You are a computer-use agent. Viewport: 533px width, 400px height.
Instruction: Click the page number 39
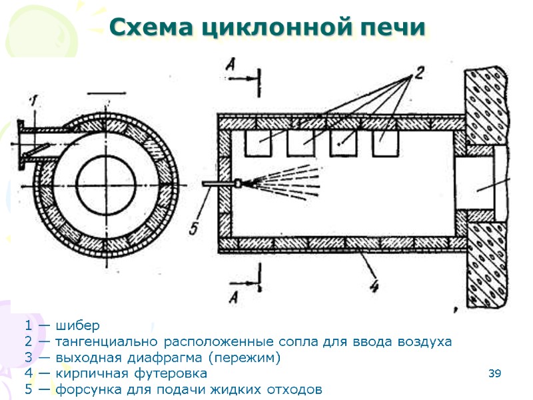[x=494, y=373]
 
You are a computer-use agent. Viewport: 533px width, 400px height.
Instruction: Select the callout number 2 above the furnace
[x=418, y=73]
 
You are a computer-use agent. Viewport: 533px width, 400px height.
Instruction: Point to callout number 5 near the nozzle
[x=194, y=227]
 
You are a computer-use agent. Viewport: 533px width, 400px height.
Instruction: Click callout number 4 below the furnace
[x=374, y=287]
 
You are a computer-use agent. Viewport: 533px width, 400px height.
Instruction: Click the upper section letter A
[x=230, y=64]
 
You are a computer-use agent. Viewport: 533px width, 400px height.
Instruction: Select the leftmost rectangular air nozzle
[x=256, y=143]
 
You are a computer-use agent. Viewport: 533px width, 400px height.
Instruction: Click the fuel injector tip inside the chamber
[x=237, y=182]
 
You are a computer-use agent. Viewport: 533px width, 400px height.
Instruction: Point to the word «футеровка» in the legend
[x=175, y=373]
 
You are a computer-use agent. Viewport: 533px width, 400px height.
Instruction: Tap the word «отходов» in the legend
[x=292, y=389]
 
